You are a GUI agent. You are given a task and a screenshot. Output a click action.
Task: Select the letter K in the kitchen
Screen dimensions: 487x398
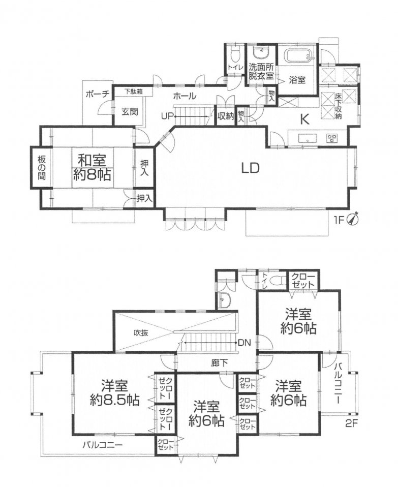[304, 120]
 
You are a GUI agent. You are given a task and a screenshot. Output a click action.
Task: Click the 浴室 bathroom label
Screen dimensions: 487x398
[297, 79]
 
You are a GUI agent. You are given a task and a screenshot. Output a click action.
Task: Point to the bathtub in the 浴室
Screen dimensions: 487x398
[297, 55]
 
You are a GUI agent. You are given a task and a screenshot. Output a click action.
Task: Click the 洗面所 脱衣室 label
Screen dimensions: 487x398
[261, 71]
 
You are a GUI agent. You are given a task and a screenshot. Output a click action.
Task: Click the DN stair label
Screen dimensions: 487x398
[245, 342]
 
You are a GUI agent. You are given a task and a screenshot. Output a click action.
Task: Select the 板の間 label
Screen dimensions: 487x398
[42, 167]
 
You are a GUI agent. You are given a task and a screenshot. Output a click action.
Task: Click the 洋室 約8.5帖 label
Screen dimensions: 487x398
[113, 392]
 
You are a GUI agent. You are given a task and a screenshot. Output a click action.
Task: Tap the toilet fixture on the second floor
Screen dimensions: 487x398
[275, 280]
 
